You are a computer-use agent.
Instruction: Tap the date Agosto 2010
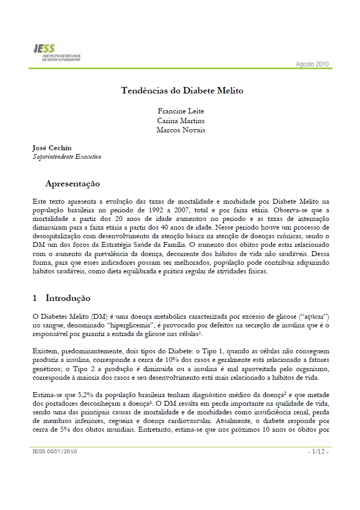pyautogui.click(x=312, y=64)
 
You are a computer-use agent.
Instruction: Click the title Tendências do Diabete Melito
pyautogui.click(x=178, y=90)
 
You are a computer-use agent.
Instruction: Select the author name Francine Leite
pyautogui.click(x=178, y=111)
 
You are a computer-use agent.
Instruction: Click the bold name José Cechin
pyautogui.click(x=51, y=147)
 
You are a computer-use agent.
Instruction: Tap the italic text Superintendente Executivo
pyautogui.click(x=67, y=157)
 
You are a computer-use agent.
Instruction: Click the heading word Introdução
pyautogui.click(x=68, y=298)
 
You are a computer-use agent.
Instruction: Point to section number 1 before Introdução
pyautogui.click(x=35, y=298)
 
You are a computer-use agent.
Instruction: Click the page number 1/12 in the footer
pyautogui.click(x=318, y=451)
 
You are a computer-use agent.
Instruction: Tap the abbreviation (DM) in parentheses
pyautogui.click(x=99, y=316)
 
